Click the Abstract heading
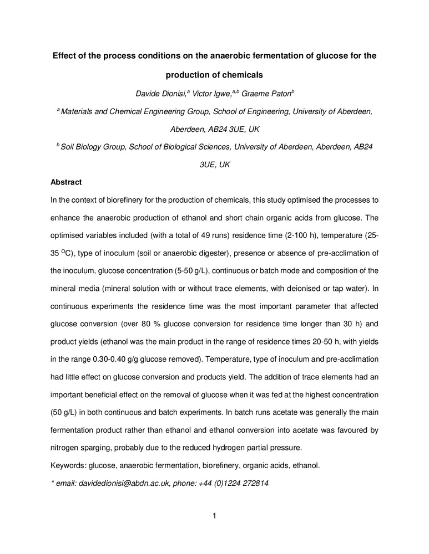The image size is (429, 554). (66, 182)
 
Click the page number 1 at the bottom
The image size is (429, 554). (214, 516)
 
